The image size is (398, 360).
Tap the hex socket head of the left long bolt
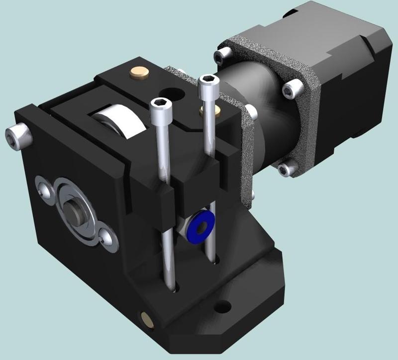160,103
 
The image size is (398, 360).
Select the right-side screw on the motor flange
291,90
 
